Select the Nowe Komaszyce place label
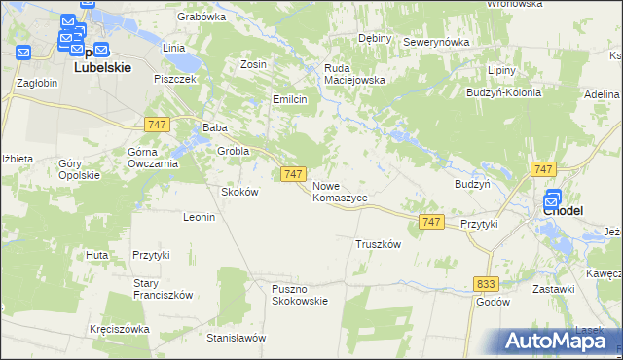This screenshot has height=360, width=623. tap(340, 191)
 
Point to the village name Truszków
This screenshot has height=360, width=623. tap(379, 244)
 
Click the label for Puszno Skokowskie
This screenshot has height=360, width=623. tap(300, 294)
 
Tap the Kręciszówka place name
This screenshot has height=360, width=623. tap(119, 329)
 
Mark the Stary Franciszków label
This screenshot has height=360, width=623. tap(165, 289)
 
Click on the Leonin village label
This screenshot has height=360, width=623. tap(199, 217)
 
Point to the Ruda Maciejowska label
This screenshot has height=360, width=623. tap(355, 74)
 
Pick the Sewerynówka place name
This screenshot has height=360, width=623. tap(436, 43)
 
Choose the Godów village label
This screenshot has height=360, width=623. tap(494, 302)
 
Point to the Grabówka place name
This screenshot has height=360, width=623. tap(202, 17)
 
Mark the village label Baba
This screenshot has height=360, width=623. tap(214, 127)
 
